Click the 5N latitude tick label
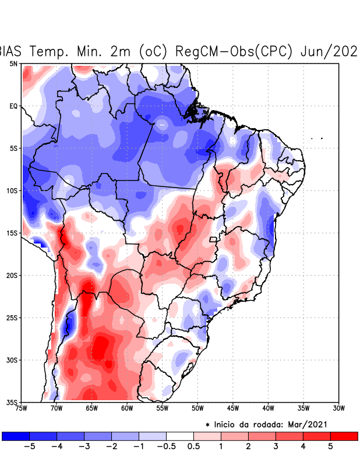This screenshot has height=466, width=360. (x=13, y=63)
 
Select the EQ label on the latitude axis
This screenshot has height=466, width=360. (x=13, y=106)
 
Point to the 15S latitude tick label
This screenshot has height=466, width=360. (x=12, y=233)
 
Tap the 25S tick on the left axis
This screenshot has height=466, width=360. (x=12, y=317)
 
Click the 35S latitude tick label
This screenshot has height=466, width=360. (x=12, y=402)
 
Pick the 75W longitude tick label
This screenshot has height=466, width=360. (x=22, y=408)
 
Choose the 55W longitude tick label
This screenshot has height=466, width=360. (x=162, y=408)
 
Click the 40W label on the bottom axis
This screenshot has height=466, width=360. (x=268, y=408)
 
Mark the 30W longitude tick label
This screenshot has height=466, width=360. (x=338, y=408)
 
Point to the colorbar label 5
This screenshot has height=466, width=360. (x=330, y=446)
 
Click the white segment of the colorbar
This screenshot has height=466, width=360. (x=180, y=436)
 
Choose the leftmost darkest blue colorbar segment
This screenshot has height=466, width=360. (x=15, y=436)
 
